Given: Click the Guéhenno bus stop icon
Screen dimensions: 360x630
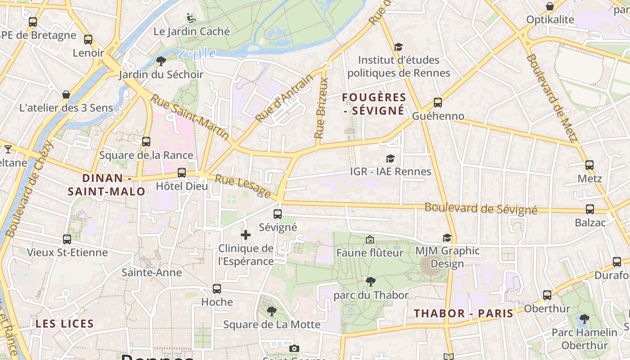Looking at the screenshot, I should [x=438, y=103].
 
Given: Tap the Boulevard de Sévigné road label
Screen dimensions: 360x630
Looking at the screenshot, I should [x=481, y=209].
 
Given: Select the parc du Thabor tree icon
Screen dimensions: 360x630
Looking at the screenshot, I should [x=371, y=282].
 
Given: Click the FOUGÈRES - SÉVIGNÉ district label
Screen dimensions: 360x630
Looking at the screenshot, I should [x=374, y=104].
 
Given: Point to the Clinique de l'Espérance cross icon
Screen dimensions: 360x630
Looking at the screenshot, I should [x=246, y=235].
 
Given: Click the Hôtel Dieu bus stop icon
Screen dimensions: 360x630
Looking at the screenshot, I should [x=182, y=173].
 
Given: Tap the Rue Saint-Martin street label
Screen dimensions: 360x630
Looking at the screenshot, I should [x=189, y=117].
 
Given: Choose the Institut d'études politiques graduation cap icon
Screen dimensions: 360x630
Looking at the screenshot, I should [x=398, y=47].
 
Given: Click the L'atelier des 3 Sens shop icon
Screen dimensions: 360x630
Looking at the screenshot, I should [x=66, y=94].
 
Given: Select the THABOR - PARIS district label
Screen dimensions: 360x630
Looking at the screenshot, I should [x=463, y=314].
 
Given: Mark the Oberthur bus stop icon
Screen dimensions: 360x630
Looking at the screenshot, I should [x=547, y=295].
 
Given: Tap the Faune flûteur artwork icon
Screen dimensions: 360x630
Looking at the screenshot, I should [x=370, y=239].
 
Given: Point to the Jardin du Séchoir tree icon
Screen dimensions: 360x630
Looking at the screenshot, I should [x=161, y=61].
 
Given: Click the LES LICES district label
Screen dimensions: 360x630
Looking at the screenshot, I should [x=65, y=324].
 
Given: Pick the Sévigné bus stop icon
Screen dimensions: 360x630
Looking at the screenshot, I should [x=278, y=214].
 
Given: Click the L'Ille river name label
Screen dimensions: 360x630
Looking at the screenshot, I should [x=197, y=54].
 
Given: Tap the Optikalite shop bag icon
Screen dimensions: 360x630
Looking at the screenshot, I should [x=550, y=6].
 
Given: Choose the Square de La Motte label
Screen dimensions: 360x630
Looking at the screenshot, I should [x=272, y=324].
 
